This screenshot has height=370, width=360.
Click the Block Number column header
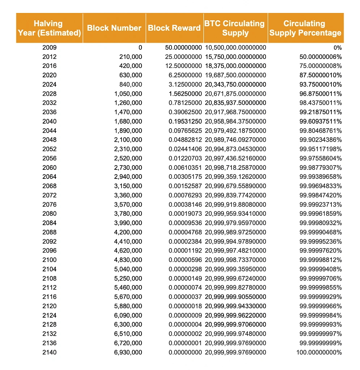[114, 28]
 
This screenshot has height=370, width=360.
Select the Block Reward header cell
[174, 28]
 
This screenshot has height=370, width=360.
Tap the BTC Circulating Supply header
[235, 28]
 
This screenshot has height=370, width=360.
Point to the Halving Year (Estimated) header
[49, 28]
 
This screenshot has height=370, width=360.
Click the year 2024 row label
[49, 84]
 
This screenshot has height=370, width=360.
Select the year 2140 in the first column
[49, 352]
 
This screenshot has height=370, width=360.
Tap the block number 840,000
[131, 84]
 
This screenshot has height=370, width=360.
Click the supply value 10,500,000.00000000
[236, 47]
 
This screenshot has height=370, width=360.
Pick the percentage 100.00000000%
[319, 352]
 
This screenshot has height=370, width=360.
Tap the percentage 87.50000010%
[321, 75]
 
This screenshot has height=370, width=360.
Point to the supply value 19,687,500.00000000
[236, 75]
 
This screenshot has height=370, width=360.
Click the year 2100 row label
[49, 260]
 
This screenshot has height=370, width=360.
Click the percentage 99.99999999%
[321, 343]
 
